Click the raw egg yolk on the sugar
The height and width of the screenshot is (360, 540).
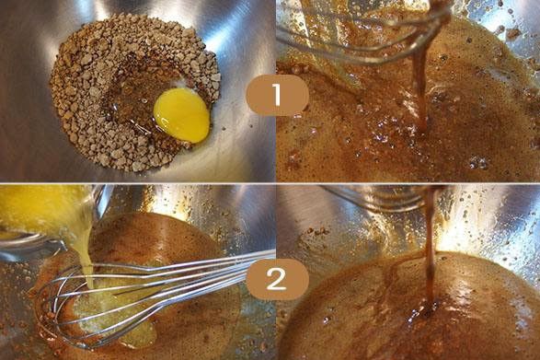(182, 115)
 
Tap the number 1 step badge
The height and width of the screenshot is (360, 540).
(277, 95)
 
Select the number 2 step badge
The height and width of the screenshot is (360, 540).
(277, 279)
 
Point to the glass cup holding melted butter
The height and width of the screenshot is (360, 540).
(45, 221)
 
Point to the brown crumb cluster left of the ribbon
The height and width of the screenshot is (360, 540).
(317, 231)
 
